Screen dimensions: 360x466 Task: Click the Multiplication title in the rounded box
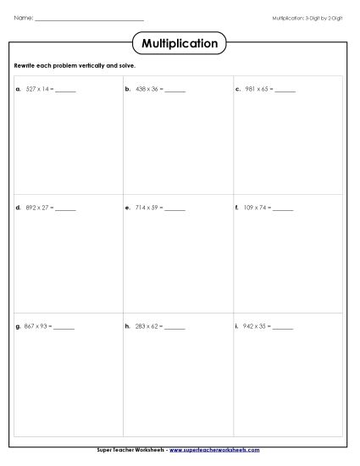click(x=180, y=43)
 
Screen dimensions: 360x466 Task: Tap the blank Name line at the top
click(x=90, y=18)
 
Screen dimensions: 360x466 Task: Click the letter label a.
click(x=17, y=88)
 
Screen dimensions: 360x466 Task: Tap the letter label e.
click(x=126, y=207)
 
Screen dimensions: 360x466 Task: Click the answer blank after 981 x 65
click(x=285, y=89)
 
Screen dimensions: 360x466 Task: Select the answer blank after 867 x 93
click(x=64, y=327)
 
